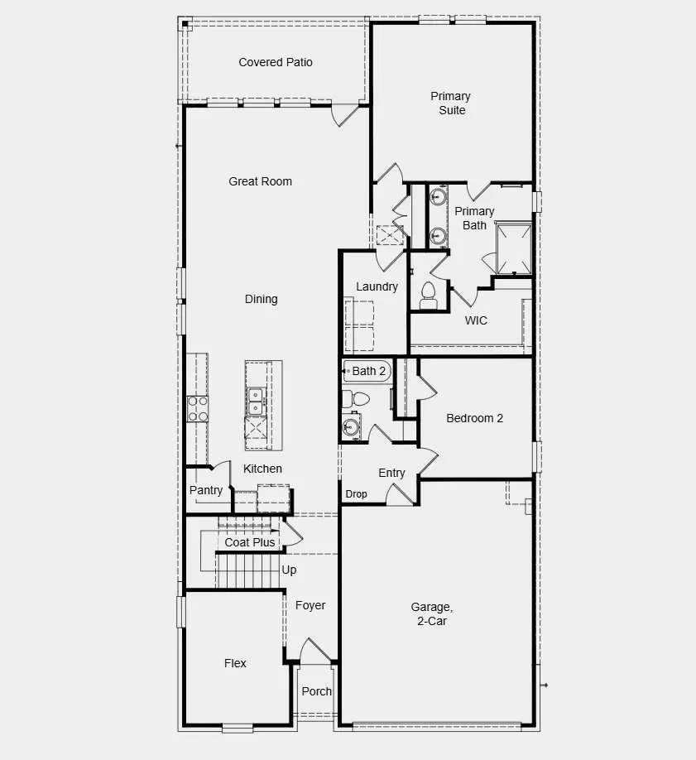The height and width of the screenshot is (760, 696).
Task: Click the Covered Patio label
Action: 276,62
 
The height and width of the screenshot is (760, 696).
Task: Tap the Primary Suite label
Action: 451,103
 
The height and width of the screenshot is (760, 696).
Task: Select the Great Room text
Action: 260,181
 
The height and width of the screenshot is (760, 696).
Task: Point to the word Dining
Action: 261,299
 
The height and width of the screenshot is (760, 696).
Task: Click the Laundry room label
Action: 377,286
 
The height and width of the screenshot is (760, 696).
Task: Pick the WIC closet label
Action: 476,320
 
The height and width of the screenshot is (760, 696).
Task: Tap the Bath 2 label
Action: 369,371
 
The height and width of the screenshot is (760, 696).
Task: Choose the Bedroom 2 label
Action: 474,418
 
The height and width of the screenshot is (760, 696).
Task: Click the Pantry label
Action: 206,490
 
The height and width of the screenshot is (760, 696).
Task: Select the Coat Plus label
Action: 250,542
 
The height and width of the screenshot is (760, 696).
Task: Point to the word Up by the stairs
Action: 289,570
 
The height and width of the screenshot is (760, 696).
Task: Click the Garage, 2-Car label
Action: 431,613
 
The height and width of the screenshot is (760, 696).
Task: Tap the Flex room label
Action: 235,663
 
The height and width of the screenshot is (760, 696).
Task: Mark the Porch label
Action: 316,691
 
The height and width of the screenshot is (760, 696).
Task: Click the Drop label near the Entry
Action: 356,494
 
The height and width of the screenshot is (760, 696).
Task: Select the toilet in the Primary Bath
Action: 428,295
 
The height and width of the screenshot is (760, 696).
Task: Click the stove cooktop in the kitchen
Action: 198,409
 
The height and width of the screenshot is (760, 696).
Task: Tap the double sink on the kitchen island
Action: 255,401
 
